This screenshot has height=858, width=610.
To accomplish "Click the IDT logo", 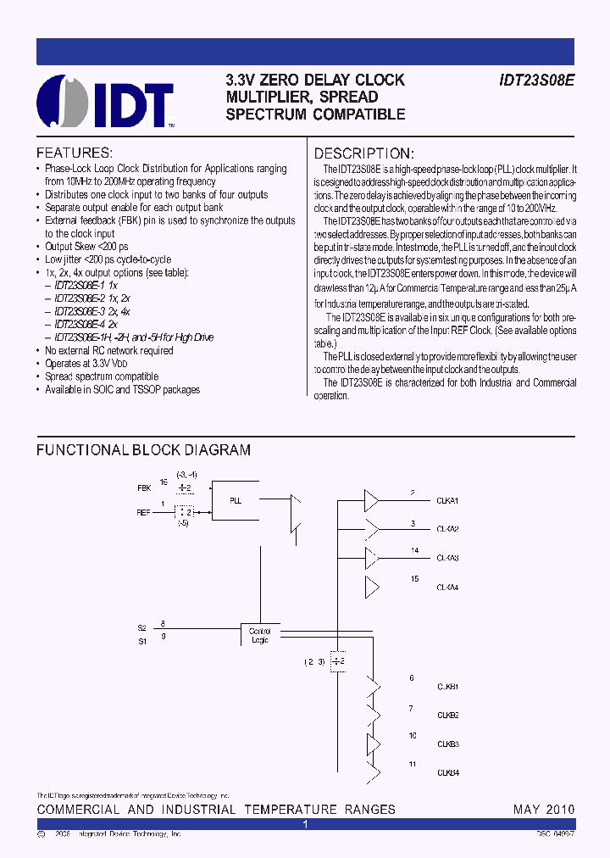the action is [x=106, y=101].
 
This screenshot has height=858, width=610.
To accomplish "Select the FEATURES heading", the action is [x=75, y=153].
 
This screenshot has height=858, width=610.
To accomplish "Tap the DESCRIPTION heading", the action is [x=364, y=153].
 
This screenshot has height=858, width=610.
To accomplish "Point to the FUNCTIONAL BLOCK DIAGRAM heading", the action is [x=143, y=450].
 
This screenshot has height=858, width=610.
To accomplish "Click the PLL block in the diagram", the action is [x=236, y=500].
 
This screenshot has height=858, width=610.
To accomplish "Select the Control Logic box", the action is [x=259, y=634].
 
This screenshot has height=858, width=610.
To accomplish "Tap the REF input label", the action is [x=145, y=513].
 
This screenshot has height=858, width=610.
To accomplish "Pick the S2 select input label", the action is [x=141, y=627].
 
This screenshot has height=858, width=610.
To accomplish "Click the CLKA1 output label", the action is [x=447, y=501].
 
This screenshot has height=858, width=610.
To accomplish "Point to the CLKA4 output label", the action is [x=447, y=587].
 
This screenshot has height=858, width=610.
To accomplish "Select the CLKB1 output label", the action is [x=447, y=686].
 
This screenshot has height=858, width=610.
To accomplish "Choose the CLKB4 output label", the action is [x=447, y=772].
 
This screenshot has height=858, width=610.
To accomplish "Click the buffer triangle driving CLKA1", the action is [x=372, y=500].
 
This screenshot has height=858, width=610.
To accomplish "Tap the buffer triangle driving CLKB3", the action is [x=372, y=744].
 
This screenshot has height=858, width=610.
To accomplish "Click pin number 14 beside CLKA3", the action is [x=414, y=550].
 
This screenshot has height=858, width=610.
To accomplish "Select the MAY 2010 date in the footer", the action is [x=544, y=810].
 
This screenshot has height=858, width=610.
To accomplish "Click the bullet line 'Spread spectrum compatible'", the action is [x=102, y=376].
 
